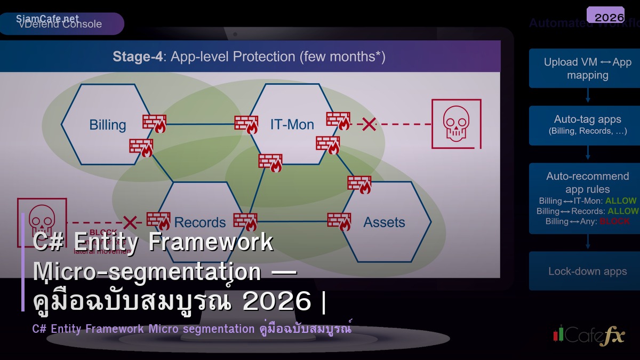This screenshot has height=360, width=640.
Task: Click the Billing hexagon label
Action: tap(107, 125)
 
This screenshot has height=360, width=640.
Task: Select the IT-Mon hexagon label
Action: tap(292, 124)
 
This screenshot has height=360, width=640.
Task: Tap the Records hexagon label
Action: tap(200, 222)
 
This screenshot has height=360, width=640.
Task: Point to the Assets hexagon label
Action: tap(384, 222)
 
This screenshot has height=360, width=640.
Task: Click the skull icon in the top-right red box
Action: tap(456, 123)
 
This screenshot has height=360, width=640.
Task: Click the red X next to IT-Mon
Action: tap(369, 124)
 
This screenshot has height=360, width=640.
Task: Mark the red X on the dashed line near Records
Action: tap(130, 222)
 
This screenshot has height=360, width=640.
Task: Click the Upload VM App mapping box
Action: tap(587, 68)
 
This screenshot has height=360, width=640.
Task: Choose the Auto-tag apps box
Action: tap(587, 125)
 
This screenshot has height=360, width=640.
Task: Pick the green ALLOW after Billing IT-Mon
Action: tap(621, 201)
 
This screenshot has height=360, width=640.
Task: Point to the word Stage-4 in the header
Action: tap(137, 57)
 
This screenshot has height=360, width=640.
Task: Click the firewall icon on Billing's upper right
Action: tap(154, 123)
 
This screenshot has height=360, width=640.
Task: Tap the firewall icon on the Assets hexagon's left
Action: tap(339, 221)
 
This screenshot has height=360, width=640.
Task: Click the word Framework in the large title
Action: tap(211, 242)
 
